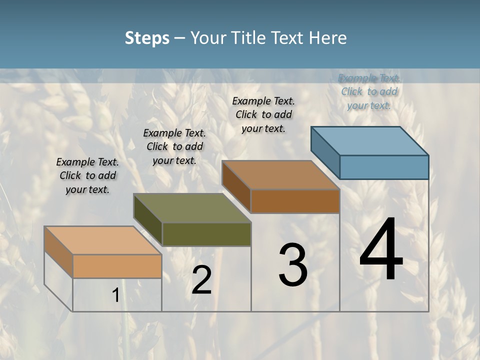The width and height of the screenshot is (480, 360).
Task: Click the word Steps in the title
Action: (x=147, y=38)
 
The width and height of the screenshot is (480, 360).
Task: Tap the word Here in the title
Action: (x=328, y=38)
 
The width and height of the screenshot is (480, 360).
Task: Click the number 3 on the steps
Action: (x=293, y=265)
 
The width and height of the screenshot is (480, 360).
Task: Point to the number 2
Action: (x=201, y=280)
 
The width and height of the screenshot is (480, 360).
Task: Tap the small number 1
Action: (x=115, y=295)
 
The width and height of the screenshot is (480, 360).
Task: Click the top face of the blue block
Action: (x=370, y=141)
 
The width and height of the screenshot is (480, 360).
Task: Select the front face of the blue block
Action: (x=384, y=167)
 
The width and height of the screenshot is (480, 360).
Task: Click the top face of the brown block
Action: (x=281, y=175)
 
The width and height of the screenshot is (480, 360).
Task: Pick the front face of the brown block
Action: (x=295, y=201)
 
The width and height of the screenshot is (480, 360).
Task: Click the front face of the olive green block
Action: (x=206, y=234)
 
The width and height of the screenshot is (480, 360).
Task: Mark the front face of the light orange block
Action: (x=117, y=266)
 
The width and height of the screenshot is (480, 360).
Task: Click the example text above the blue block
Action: (x=369, y=91)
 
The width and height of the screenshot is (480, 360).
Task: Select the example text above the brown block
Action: (x=263, y=114)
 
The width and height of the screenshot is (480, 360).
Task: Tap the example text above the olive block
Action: (x=174, y=146)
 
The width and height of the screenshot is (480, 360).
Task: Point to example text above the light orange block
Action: (x=87, y=175)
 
